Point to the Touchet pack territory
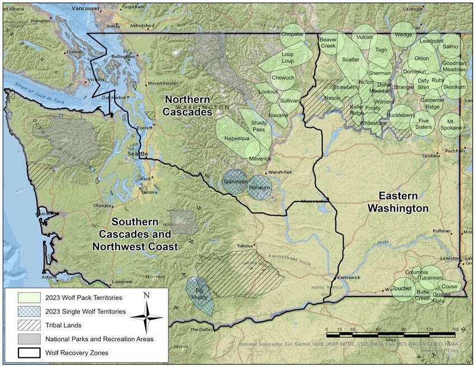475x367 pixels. pyautogui.click(x=402, y=289)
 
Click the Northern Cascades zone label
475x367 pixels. pyautogui.click(x=188, y=105)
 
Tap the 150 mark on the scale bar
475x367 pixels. pyautogui.click(x=455, y=329)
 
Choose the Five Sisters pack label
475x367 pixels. pyautogui.click(x=424, y=123)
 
